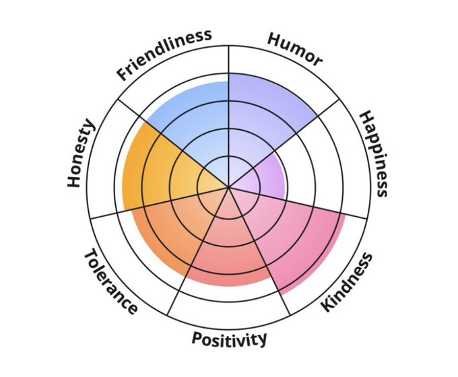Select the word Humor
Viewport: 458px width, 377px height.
294,49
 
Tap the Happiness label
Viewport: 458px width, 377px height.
373,154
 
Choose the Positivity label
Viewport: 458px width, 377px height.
229,339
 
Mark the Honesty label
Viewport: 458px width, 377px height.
81,154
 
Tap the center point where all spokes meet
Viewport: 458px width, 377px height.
229,186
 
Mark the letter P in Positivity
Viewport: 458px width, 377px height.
196,338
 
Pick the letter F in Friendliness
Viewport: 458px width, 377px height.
123,74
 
